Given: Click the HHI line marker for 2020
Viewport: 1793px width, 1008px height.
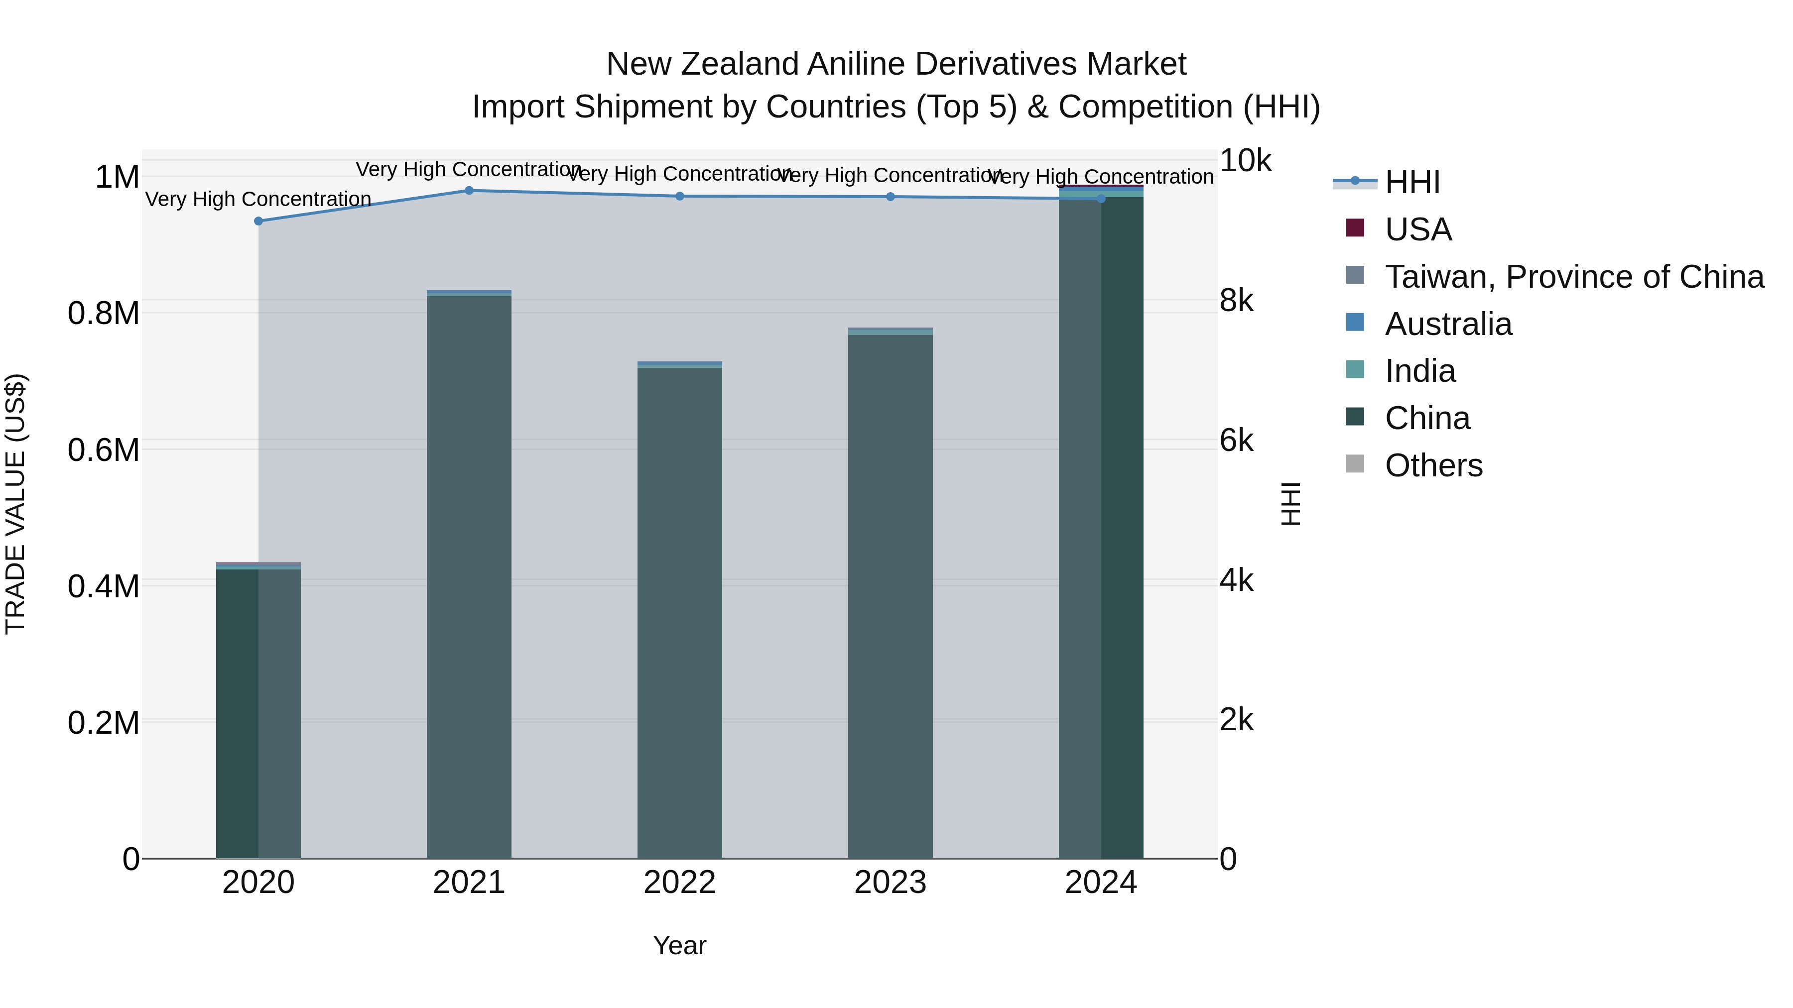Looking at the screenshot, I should coord(258,221).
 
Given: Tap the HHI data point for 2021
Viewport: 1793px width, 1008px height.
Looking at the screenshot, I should coord(469,191).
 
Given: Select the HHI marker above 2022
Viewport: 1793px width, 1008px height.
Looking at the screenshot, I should coord(680,196).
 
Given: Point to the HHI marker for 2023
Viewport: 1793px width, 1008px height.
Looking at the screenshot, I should coord(890,197).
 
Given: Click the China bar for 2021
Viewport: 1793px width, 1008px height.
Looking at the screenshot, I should coord(469,577).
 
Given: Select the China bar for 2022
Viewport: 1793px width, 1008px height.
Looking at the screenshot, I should coord(680,612).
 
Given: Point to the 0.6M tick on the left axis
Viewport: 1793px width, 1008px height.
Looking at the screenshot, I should coord(104,450).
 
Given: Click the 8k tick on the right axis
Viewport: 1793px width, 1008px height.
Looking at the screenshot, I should coord(1237,301).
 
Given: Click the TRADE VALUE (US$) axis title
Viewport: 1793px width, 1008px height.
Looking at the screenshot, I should coord(16,504).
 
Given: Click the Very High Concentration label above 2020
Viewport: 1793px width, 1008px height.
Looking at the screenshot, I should coord(258,200).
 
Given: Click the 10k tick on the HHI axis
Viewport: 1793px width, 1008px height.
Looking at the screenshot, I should coord(1245,161).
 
